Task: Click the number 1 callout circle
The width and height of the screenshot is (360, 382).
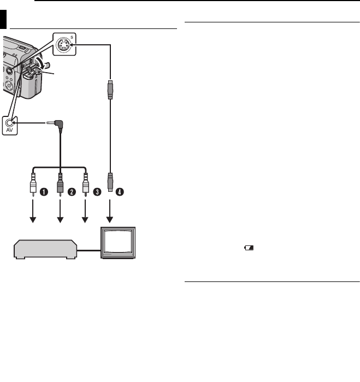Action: point(46,192)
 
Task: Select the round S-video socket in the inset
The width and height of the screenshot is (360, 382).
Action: point(64,45)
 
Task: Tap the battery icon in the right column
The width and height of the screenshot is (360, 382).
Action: point(249,248)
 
